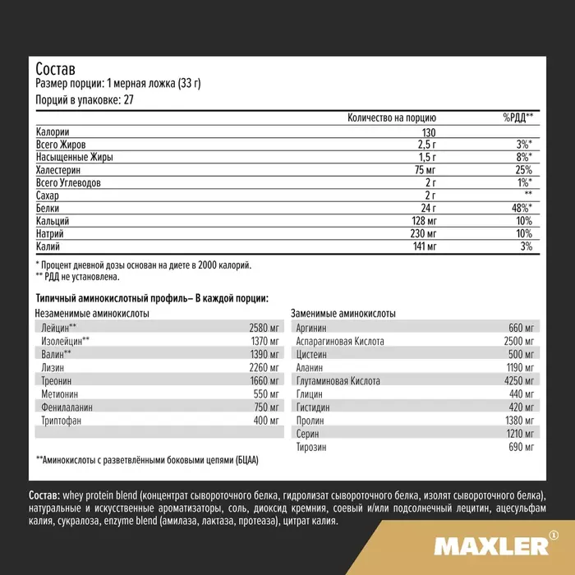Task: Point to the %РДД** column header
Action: click(x=517, y=118)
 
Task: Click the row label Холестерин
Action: click(x=61, y=170)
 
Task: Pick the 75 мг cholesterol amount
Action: click(x=422, y=170)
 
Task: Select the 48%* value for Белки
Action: click(x=519, y=208)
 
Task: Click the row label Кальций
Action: click(x=53, y=221)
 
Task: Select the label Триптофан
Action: click(x=62, y=421)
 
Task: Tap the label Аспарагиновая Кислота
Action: click(x=338, y=341)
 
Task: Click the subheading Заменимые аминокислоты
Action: click(x=344, y=314)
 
